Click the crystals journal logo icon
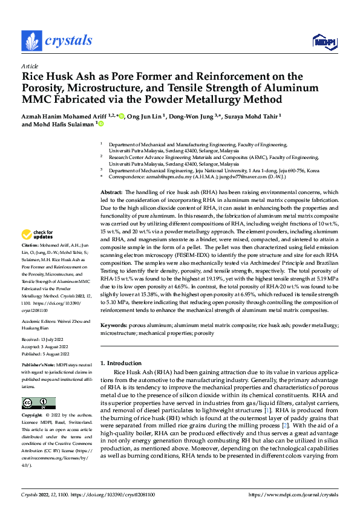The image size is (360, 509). point(31,41)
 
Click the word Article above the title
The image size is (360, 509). point(30,66)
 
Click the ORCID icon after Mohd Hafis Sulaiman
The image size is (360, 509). point(100,125)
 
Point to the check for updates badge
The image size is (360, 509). point(38,251)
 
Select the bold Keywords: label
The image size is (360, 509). point(114,325)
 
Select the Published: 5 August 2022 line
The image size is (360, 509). point(47,354)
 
